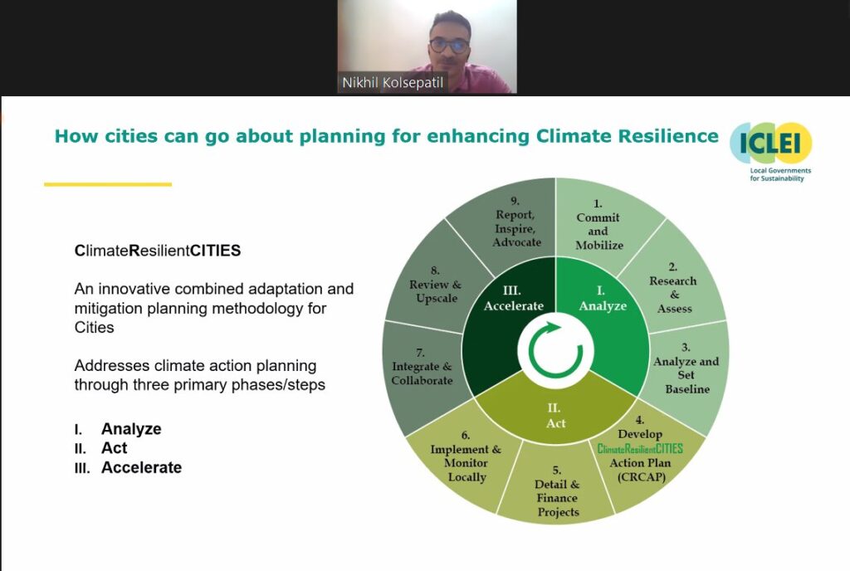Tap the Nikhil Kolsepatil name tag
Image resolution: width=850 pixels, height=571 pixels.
pyautogui.click(x=393, y=82)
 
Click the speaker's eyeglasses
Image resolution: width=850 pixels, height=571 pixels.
pyautogui.click(x=450, y=45)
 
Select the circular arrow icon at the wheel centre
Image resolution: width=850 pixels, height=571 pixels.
pyautogui.click(x=555, y=350)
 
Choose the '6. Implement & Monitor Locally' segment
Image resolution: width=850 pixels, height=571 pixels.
pyautogui.click(x=467, y=461)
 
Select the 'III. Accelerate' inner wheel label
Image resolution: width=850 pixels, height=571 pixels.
pyautogui.click(x=513, y=299)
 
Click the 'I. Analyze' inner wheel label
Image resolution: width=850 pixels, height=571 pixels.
pyautogui.click(x=603, y=299)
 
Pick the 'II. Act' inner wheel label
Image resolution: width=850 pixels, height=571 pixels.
pyautogui.click(x=555, y=416)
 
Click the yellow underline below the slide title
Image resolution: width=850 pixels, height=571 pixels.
pyautogui.click(x=108, y=184)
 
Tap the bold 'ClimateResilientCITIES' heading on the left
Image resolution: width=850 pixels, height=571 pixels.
pyautogui.click(x=157, y=251)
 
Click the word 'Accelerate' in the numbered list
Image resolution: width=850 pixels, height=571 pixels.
pyautogui.click(x=141, y=467)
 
